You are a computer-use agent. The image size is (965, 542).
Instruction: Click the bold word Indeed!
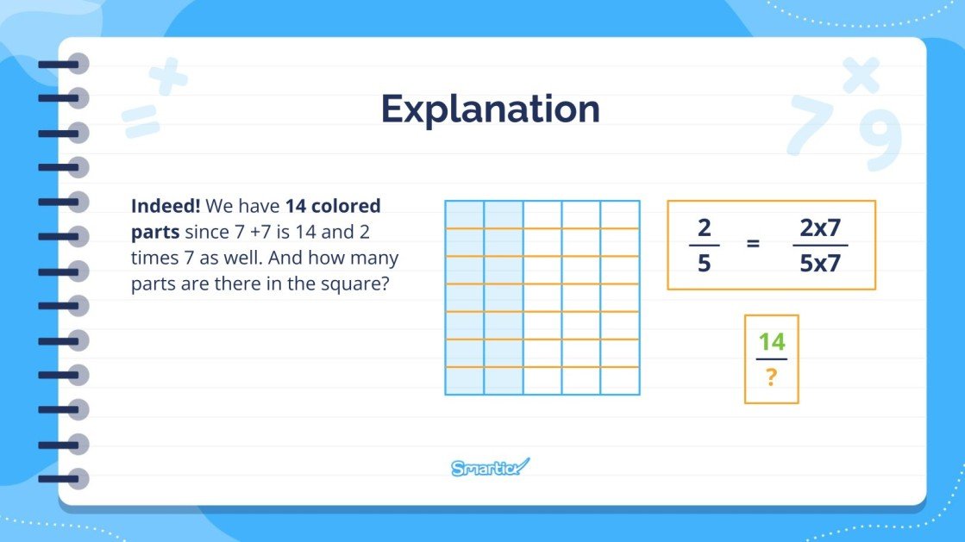point(166,207)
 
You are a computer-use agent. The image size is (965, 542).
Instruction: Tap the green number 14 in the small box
point(771,341)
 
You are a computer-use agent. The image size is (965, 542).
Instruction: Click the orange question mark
point(771,377)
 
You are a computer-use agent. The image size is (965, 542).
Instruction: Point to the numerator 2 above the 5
point(704,228)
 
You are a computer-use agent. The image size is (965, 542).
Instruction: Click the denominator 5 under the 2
point(704,264)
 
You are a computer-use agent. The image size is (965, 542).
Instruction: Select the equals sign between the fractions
point(753,244)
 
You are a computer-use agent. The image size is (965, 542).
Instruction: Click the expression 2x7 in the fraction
point(820,228)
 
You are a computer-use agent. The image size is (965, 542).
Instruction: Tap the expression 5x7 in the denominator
point(820,264)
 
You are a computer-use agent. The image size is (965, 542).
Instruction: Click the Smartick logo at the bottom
point(490,468)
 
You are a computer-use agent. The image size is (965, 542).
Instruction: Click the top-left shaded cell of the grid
point(465,215)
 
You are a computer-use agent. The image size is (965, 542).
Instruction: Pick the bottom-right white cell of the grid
point(620,381)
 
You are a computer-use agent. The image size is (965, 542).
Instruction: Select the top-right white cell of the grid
point(620,215)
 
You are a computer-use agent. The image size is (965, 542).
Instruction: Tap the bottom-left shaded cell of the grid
point(465,381)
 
